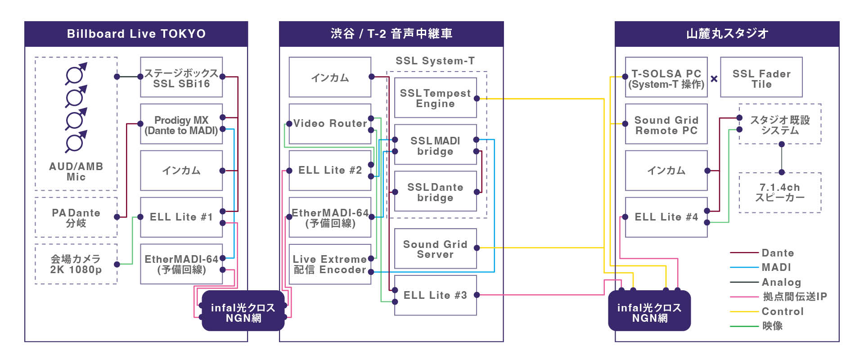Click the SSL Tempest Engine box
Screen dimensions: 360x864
pyautogui.click(x=435, y=98)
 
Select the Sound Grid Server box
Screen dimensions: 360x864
pyautogui.click(x=435, y=249)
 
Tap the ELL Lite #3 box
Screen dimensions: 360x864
pyautogui.click(x=435, y=295)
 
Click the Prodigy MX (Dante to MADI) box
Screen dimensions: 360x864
pyautogui.click(x=181, y=125)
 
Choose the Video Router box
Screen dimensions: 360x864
pyautogui.click(x=330, y=124)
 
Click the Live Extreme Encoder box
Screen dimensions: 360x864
pyautogui.click(x=330, y=264)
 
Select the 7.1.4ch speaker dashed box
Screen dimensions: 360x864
pyautogui.click(x=779, y=193)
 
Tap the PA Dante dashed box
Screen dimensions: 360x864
pyautogui.click(x=76, y=217)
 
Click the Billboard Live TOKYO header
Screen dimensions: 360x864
pyautogui.click(x=136, y=34)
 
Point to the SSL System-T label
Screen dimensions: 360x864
pyautogui.click(x=435, y=61)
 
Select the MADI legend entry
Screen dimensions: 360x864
pyautogui.click(x=776, y=267)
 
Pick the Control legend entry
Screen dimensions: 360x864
pyautogui.click(x=782, y=311)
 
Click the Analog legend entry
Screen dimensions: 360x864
pyautogui.click(x=781, y=282)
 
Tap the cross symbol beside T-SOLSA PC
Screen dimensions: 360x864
pyautogui.click(x=714, y=79)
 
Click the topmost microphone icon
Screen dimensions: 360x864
pyautogui.click(x=76, y=73)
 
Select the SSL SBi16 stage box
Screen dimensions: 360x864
pyautogui.click(x=181, y=77)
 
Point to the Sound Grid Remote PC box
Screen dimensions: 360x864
pyautogui.click(x=666, y=125)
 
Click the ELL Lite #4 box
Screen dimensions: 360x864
pyautogui.click(x=666, y=217)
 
